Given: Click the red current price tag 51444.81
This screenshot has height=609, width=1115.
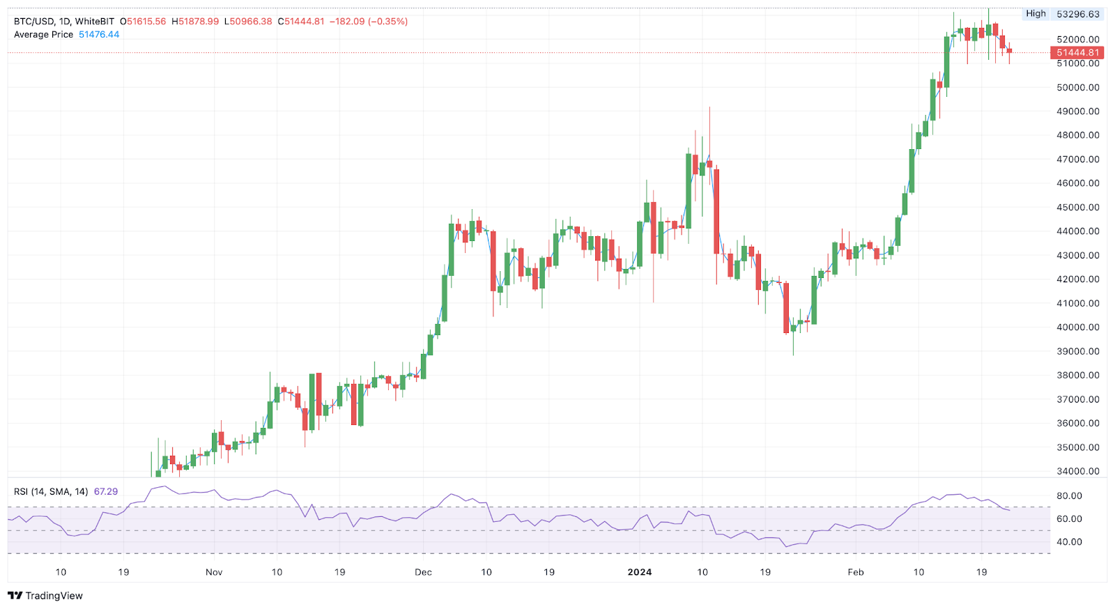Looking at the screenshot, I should click(x=1077, y=52).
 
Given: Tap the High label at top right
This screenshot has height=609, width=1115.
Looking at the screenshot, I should click(x=1036, y=13).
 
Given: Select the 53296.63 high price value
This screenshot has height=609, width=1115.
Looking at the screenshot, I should click(x=1078, y=14).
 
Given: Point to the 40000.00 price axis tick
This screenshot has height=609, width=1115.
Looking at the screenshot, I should click(x=1078, y=327).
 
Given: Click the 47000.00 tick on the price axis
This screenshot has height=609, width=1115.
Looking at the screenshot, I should click(x=1078, y=159).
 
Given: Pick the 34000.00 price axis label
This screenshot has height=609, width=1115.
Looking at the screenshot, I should click(x=1078, y=471).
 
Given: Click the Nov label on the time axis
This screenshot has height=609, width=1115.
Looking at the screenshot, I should click(x=214, y=572).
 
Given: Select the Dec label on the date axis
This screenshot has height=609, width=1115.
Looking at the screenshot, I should click(x=423, y=572).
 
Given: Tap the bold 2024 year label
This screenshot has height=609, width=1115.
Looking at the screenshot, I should click(x=639, y=572).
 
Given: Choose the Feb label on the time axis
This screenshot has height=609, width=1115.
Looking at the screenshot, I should click(x=855, y=572).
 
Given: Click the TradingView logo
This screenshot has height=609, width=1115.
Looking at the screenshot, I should click(x=45, y=596).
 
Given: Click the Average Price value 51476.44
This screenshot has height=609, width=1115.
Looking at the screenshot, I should click(x=99, y=34).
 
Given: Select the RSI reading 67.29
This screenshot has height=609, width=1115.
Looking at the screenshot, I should click(x=106, y=491).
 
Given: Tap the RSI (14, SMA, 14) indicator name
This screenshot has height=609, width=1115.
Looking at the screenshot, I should click(x=51, y=491).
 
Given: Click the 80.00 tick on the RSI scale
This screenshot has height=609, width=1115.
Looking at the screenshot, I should click(x=1070, y=495).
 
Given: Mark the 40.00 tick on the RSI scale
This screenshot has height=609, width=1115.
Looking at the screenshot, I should click(x=1070, y=541).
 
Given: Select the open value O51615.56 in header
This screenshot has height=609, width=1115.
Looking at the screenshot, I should click(x=143, y=22).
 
